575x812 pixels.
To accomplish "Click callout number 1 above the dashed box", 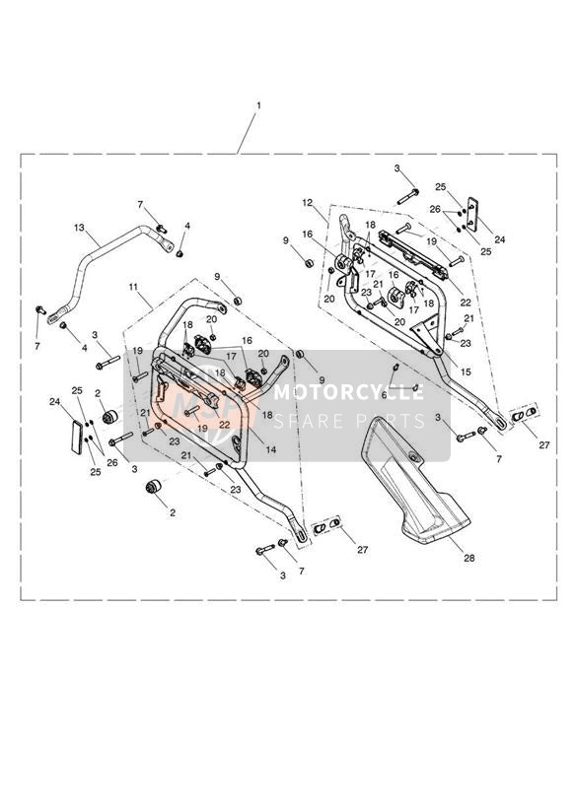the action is [x=258, y=105].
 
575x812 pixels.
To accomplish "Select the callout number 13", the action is [x=79, y=228].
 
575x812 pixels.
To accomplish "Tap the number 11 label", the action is [x=134, y=286].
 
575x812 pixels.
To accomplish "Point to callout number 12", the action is [x=308, y=202].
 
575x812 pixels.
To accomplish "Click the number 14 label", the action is [x=270, y=450].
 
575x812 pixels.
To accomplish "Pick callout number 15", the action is [x=466, y=372].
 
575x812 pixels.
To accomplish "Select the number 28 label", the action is [x=468, y=558].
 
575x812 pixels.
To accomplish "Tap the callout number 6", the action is [x=397, y=394].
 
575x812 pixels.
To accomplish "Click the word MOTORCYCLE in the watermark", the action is [x=348, y=392].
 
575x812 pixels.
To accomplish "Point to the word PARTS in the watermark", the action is [x=392, y=421].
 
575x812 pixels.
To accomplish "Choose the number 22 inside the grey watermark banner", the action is [x=224, y=423].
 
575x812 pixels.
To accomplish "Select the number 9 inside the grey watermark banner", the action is [x=322, y=379].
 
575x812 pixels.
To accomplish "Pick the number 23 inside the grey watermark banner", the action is [x=175, y=441].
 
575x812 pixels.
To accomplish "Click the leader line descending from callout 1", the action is [x=247, y=133].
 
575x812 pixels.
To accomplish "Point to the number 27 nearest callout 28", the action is [x=362, y=550].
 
